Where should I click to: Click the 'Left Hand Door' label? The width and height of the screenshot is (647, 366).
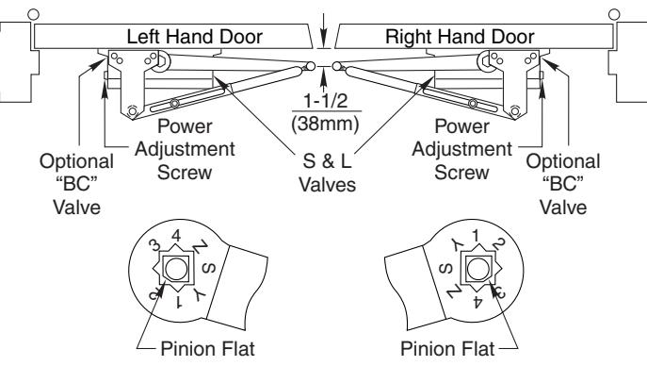(194, 37)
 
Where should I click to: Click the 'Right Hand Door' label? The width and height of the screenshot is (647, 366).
(460, 37)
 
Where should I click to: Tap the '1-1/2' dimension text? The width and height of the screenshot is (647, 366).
(326, 101)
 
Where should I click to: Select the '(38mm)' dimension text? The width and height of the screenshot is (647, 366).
(326, 124)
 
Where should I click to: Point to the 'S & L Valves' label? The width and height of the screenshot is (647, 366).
(327, 173)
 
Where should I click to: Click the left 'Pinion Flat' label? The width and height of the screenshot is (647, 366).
(207, 349)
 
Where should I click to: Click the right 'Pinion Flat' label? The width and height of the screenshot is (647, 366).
(447, 349)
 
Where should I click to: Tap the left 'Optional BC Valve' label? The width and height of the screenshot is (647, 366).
(76, 184)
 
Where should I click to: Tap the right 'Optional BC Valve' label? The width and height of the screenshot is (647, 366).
(563, 184)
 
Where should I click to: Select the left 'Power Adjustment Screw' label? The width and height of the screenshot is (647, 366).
(185, 149)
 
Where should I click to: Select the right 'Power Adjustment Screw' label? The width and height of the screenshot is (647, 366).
(461, 149)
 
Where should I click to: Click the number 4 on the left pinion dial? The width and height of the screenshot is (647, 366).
(176, 236)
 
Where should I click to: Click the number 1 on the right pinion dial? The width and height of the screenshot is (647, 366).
(476, 236)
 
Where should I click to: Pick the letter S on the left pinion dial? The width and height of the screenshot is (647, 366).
(209, 269)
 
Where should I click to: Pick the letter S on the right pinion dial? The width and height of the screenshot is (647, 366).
(445, 270)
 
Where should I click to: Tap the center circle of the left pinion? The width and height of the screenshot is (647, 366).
(176, 270)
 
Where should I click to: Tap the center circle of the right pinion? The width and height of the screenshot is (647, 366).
(478, 270)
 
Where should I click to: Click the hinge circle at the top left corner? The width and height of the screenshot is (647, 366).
(33, 14)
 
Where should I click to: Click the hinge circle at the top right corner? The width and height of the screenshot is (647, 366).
(614, 14)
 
